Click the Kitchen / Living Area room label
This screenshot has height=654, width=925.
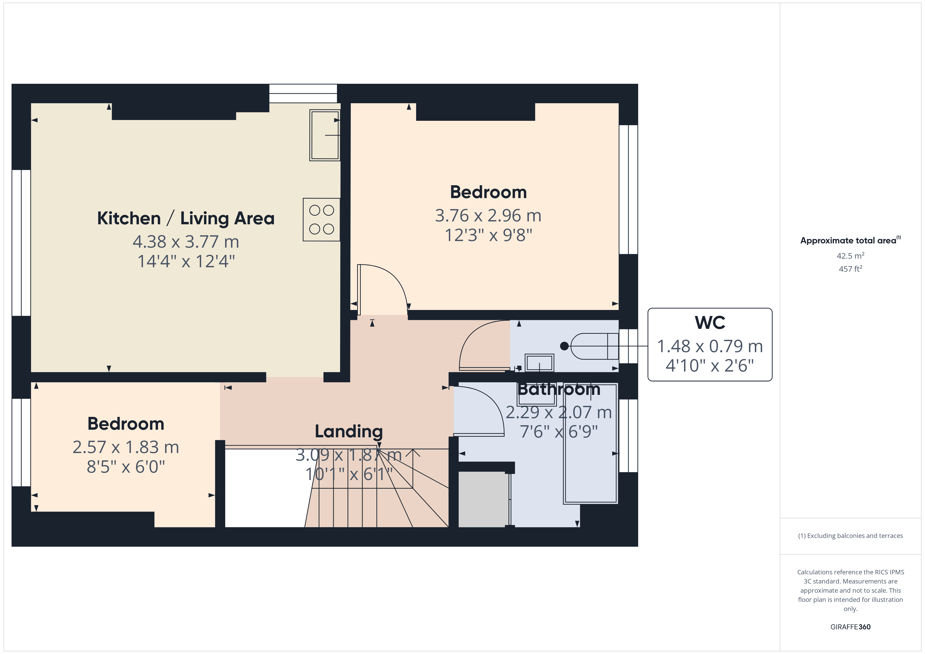coord(186,218)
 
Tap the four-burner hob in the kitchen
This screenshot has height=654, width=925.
coord(321,220)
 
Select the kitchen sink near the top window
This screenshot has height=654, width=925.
coord(325,135)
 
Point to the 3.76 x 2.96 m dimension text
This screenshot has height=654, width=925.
coord(488,215)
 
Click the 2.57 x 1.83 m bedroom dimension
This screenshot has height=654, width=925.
coord(126,447)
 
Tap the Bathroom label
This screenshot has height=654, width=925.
coord(559,389)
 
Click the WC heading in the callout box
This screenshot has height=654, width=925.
coord(710,323)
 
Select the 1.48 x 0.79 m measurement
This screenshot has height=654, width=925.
coord(710,346)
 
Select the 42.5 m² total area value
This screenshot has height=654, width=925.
coord(851,256)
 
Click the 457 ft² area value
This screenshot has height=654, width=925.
coord(851,269)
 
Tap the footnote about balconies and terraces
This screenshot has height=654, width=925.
coord(851,536)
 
